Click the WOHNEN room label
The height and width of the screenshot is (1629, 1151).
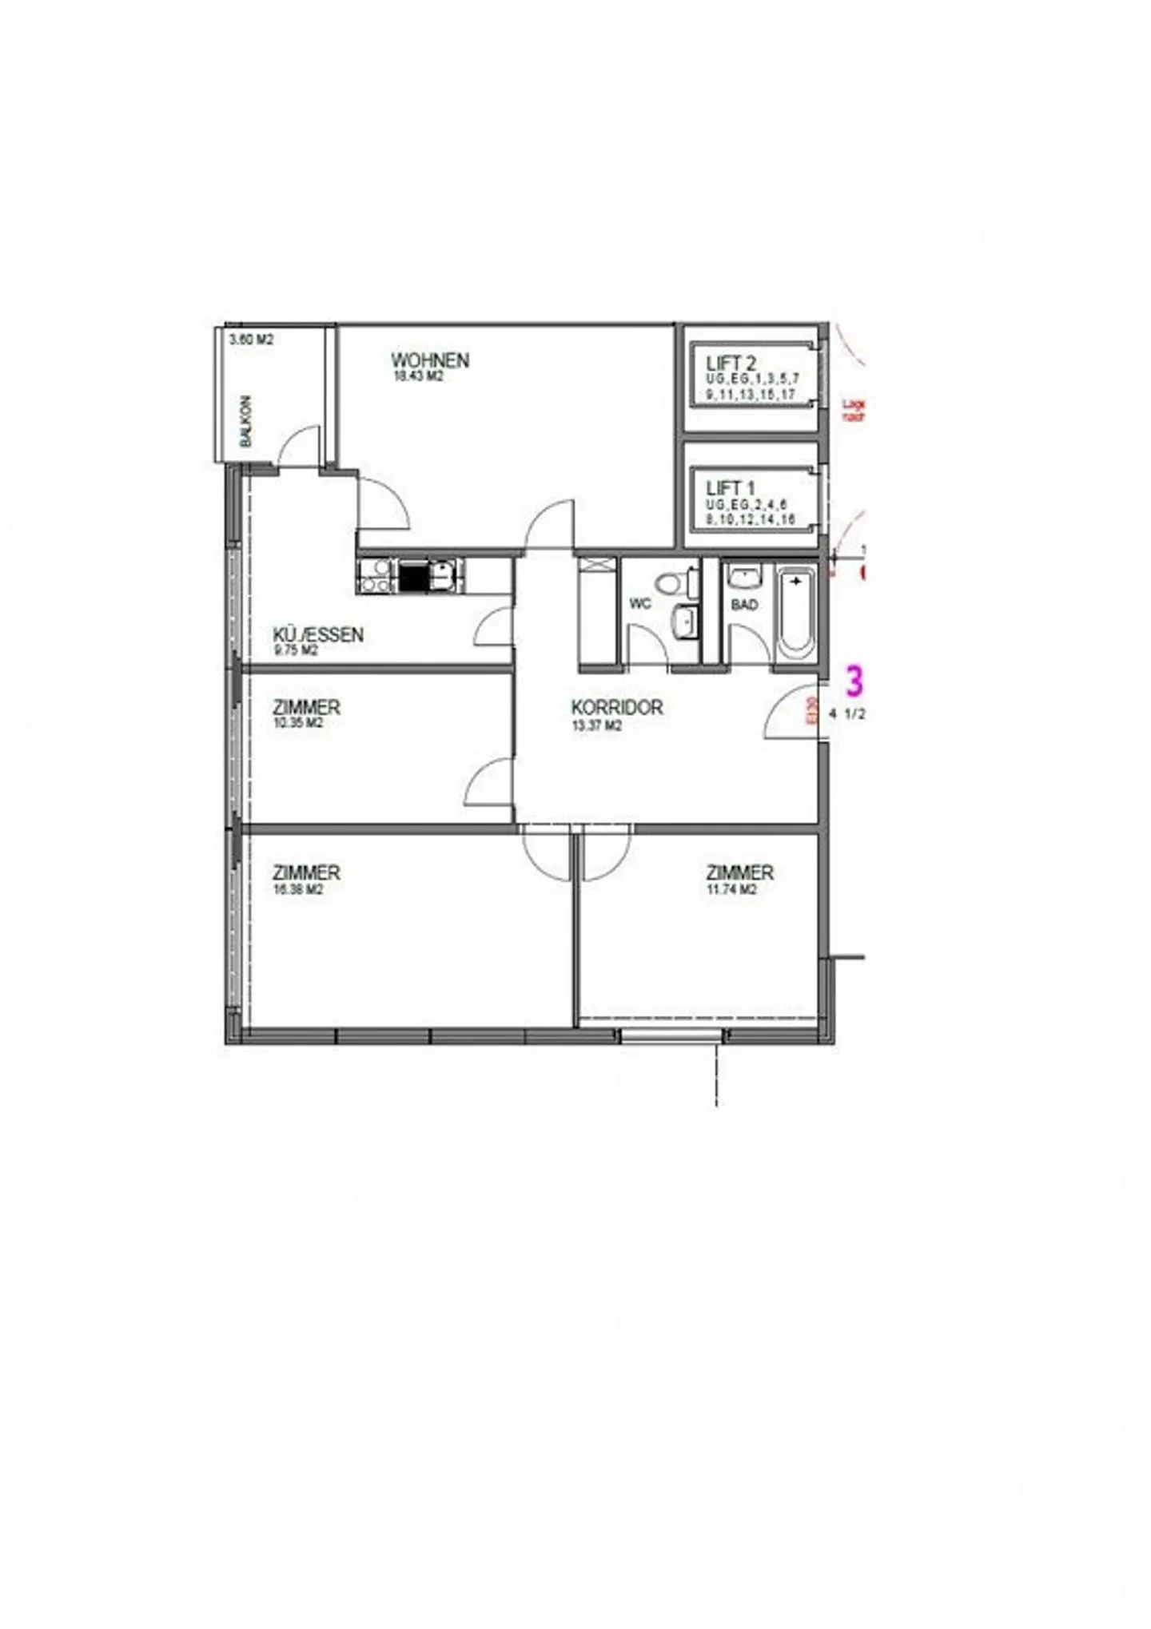tap(429, 360)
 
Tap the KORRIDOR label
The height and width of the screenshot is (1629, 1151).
tap(616, 707)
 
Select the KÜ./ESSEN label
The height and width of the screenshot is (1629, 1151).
tap(318, 635)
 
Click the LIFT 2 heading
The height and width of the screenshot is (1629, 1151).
tap(731, 364)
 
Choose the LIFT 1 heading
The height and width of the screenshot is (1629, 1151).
tap(731, 487)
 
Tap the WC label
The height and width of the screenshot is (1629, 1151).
tap(640, 604)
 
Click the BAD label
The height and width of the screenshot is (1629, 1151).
tap(744, 605)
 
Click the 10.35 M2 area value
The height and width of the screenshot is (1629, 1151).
tap(297, 723)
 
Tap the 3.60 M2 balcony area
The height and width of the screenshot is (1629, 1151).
tap(251, 339)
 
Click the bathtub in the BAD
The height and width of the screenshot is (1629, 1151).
tap(796, 614)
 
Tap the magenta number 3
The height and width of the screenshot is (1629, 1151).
tap(855, 683)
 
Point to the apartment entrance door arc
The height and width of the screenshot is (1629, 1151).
tap(787, 713)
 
